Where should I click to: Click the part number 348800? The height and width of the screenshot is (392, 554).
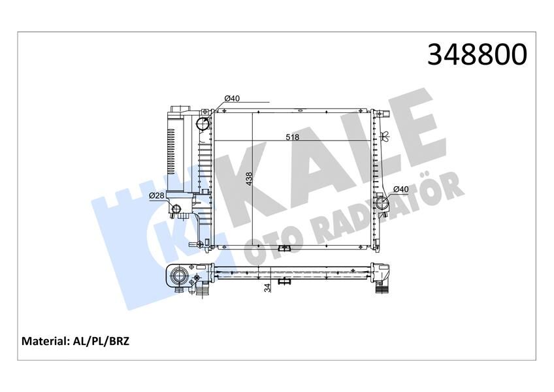click(476, 54)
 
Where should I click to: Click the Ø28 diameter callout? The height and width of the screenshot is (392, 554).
click(157, 196)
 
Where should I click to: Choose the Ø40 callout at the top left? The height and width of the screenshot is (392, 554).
click(233, 98)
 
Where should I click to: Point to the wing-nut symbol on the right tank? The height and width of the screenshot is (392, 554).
click(385, 137)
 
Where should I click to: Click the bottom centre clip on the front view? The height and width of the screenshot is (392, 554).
click(284, 248)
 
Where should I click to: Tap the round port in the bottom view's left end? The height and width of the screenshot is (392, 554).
click(178, 278)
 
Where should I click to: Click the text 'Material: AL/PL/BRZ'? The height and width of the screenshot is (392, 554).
click(76, 341)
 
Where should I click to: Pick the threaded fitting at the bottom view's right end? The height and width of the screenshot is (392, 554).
click(382, 287)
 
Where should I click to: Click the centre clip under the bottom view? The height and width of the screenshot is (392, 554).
click(284, 282)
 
